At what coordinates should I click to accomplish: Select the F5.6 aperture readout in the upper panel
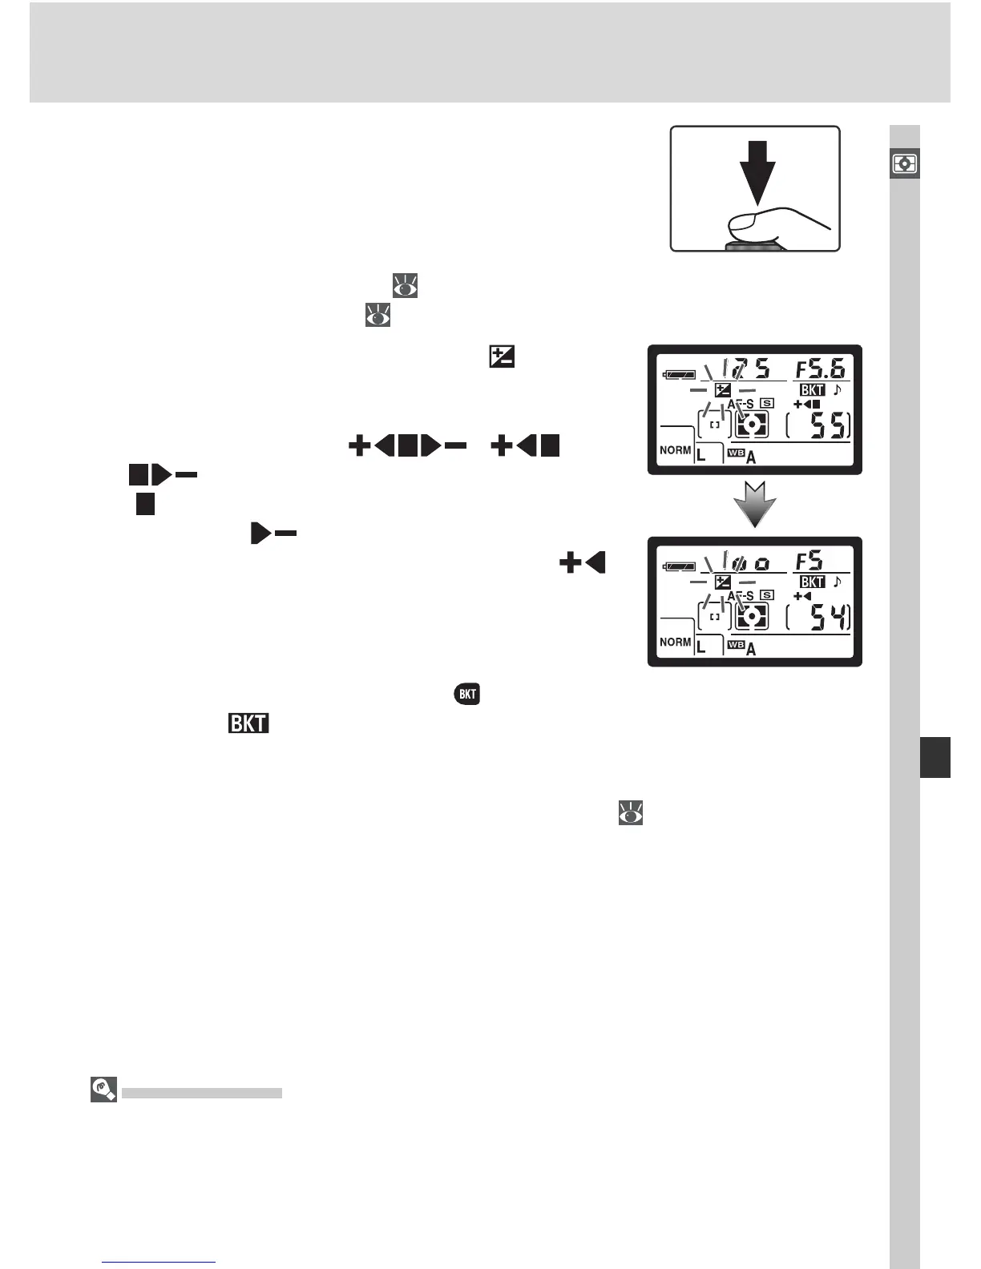[820, 369]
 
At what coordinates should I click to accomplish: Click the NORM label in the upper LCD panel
[675, 450]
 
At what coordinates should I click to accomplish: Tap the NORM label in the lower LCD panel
[675, 642]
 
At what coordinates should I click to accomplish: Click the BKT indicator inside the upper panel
[812, 390]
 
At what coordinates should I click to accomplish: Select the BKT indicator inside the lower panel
[812, 582]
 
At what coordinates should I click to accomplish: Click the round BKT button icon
[467, 694]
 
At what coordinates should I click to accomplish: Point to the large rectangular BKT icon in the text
[248, 723]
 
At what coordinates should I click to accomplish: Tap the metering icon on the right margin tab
[905, 164]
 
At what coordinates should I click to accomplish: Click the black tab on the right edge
[935, 758]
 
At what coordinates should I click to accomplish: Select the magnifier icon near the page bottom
[104, 1090]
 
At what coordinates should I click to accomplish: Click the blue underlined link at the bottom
[159, 1263]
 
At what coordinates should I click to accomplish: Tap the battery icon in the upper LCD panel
[678, 374]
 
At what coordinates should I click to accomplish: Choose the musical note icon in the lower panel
[838, 582]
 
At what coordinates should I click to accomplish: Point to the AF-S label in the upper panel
[741, 404]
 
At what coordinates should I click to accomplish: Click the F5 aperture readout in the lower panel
[809, 561]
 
